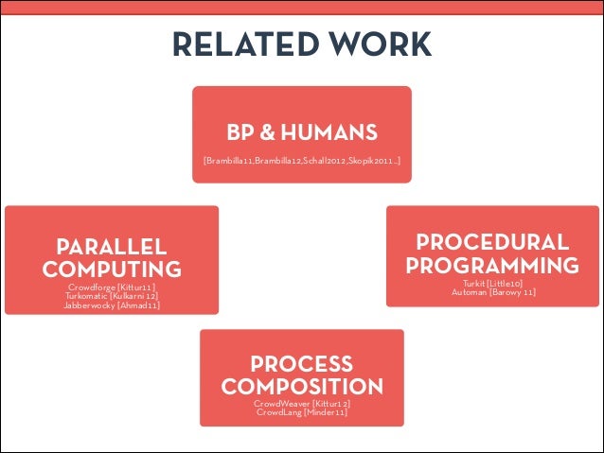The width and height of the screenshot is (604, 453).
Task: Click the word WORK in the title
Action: [x=380, y=44]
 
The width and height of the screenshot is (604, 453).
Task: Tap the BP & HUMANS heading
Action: [x=302, y=131]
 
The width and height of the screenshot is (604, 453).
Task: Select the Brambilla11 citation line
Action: [x=302, y=162]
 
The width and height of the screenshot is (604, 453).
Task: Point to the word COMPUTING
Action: [x=112, y=270]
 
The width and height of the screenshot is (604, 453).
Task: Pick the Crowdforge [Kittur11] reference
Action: [x=112, y=287]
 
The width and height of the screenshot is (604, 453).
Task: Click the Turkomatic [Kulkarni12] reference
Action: [x=112, y=296]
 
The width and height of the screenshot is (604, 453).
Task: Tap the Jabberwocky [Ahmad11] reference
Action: [x=112, y=305]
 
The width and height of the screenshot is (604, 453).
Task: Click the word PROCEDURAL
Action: [x=492, y=242]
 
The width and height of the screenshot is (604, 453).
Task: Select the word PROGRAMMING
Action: [x=492, y=265]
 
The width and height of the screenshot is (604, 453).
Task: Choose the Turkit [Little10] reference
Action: [x=492, y=283]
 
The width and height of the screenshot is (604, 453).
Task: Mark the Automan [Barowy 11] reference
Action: [x=492, y=292]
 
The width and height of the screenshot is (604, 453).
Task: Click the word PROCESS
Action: [x=301, y=365]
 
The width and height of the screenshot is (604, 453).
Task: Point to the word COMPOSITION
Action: [x=301, y=387]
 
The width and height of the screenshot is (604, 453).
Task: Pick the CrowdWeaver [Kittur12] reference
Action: [x=301, y=404]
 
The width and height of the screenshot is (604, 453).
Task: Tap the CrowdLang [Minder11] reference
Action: [x=301, y=413]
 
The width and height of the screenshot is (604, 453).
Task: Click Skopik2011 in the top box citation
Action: [x=370, y=162]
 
